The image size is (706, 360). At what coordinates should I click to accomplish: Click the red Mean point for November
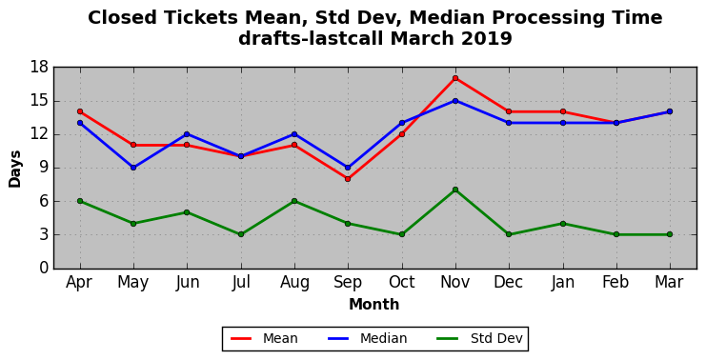455,78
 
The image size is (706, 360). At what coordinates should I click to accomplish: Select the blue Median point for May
133,168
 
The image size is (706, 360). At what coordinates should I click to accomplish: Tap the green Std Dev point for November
455,190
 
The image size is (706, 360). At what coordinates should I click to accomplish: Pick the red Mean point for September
348,179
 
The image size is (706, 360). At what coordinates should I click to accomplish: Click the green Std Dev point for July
241,234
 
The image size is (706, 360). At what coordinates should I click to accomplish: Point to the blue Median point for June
187,134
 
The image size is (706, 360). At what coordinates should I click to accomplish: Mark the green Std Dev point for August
294,201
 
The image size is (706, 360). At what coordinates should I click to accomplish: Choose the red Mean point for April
80,111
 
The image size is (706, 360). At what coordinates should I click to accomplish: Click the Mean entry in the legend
264,338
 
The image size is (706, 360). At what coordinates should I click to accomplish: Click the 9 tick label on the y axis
44,168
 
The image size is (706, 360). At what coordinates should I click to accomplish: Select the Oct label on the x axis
402,282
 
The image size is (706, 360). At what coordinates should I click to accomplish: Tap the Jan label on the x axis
563,282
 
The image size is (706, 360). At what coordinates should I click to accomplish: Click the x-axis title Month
374,305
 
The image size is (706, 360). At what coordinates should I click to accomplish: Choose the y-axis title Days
15,169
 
